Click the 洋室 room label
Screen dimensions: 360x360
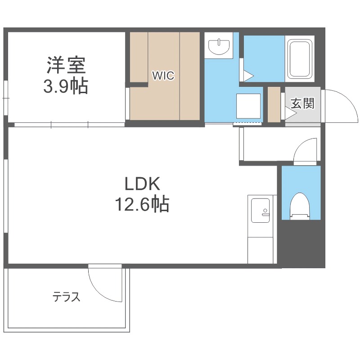pyautogui.click(x=66, y=66)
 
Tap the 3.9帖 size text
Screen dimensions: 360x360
pyautogui.click(x=66, y=86)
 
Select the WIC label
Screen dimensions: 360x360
pyautogui.click(x=162, y=76)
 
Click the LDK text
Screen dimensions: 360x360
pyautogui.click(x=142, y=184)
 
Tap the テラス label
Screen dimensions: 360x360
pyautogui.click(x=67, y=297)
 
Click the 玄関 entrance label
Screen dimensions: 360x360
pyautogui.click(x=302, y=103)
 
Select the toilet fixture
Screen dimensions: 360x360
pyautogui.click(x=301, y=207)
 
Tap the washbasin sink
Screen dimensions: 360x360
pyautogui.click(x=220, y=45)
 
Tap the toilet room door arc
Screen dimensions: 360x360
pyautogui.click(x=306, y=151)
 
